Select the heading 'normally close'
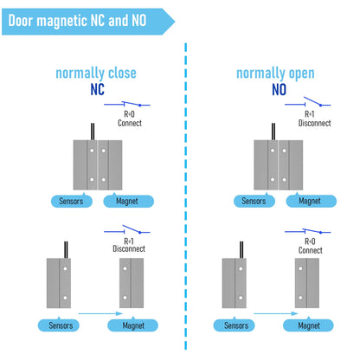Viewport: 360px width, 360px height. pyautogui.click(x=96, y=74)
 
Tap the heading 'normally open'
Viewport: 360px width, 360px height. pyautogui.click(x=275, y=74)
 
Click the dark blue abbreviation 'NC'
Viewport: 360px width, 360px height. pyautogui.click(x=97, y=89)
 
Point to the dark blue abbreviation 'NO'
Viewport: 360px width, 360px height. pyautogui.click(x=279, y=89)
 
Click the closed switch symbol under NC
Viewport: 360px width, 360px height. pyautogui.click(x=127, y=104)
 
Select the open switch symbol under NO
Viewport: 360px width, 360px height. pyautogui.click(x=308, y=101)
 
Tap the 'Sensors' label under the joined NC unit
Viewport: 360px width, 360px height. pyautogui.click(x=72, y=201)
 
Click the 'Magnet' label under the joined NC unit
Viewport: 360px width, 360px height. pyautogui.click(x=128, y=201)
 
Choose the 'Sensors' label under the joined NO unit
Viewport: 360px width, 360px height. pyautogui.click(x=254, y=201)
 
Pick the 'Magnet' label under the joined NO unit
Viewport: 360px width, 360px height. pyautogui.click(x=311, y=201)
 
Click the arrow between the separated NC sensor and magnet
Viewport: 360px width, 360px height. pyautogui.click(x=100, y=313)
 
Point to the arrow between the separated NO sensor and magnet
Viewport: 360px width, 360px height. pyautogui.click(x=276, y=313)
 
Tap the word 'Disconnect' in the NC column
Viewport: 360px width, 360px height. pyautogui.click(x=129, y=248)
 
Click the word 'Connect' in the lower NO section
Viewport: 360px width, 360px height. pyautogui.click(x=310, y=250)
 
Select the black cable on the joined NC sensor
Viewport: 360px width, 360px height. pyautogui.click(x=93, y=132)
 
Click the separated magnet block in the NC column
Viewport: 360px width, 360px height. pyautogui.click(x=132, y=283)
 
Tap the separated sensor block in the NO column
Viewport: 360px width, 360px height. pyautogui.click(x=235, y=283)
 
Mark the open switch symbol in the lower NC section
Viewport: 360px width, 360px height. pyautogui.click(x=127, y=229)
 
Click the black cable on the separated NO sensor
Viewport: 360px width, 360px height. pyautogui.click(x=241, y=250)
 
